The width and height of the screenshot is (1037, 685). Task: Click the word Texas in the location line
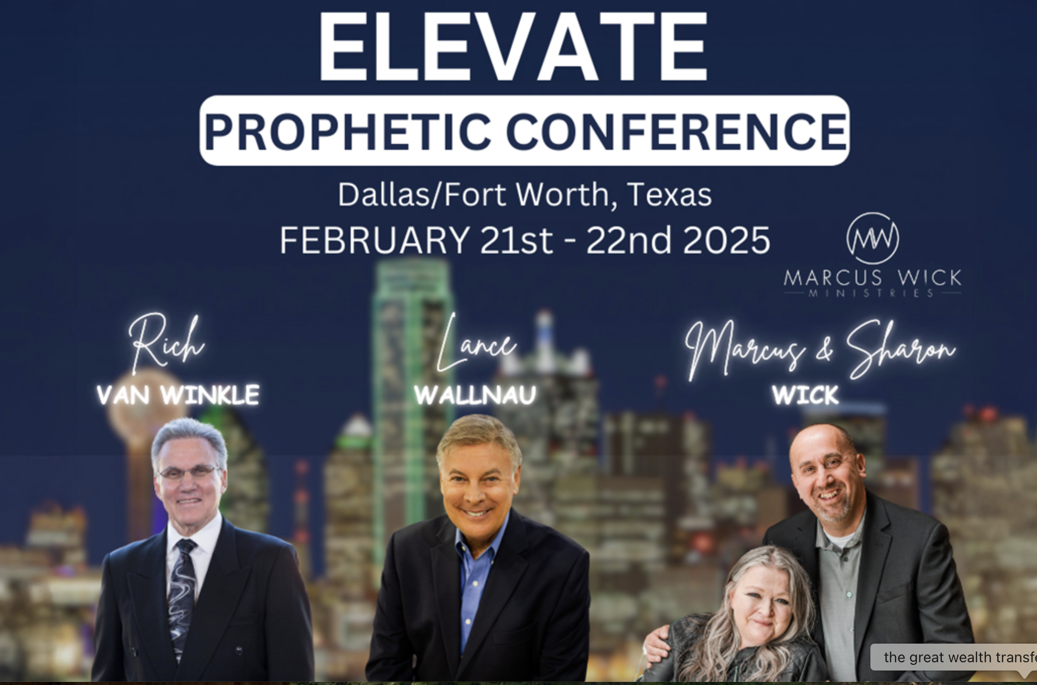pyautogui.click(x=669, y=195)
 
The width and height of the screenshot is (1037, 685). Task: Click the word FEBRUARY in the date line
pyautogui.click(x=375, y=240)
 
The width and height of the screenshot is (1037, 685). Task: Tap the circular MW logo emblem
pyautogui.click(x=872, y=238)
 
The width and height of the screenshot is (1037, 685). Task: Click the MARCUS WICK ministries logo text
pyautogui.click(x=872, y=282)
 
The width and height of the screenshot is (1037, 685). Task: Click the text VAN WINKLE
pyautogui.click(x=177, y=395)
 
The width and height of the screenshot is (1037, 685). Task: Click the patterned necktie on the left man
pyautogui.click(x=182, y=595)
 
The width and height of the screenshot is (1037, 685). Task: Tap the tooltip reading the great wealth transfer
pyautogui.click(x=954, y=658)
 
